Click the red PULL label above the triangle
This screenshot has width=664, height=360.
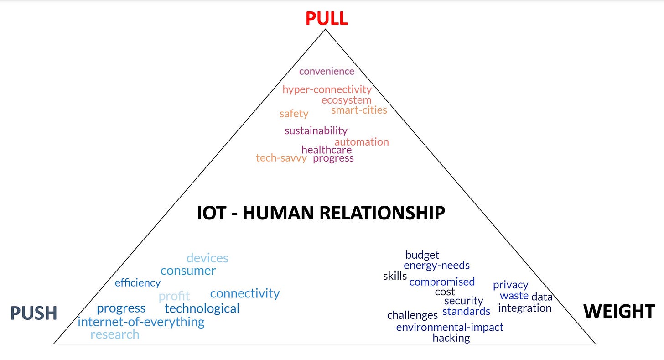(x=326, y=18)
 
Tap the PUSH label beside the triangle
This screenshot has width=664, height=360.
(x=34, y=313)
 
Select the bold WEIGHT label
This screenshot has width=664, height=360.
(x=619, y=312)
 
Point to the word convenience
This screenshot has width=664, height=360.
(x=327, y=71)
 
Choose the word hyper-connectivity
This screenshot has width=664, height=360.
(x=327, y=89)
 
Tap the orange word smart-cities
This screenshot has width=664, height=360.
(x=359, y=110)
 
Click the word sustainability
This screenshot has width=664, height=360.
(x=316, y=131)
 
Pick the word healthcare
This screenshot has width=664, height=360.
(x=327, y=150)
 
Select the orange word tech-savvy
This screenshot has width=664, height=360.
(x=281, y=158)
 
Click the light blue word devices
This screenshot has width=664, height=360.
(x=207, y=258)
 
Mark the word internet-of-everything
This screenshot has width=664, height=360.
(x=141, y=322)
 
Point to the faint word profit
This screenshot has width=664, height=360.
(x=174, y=297)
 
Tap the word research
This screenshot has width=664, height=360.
(x=115, y=334)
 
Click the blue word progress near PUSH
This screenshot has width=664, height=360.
(x=121, y=308)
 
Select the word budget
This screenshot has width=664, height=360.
(x=422, y=255)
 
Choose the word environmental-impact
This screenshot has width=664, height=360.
(x=450, y=327)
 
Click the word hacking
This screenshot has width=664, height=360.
(x=451, y=338)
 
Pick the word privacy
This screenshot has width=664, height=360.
(x=510, y=285)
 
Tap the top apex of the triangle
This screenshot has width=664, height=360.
(x=325, y=30)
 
